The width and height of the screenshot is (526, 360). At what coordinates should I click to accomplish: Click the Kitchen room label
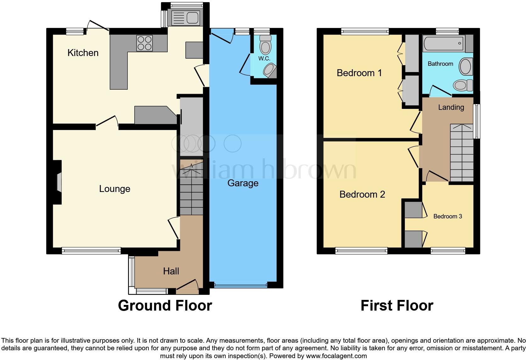(83, 53)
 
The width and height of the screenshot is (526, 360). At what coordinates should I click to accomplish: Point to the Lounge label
(115, 189)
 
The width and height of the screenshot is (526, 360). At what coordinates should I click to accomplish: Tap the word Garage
(243, 183)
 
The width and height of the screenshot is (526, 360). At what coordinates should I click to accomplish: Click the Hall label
(171, 271)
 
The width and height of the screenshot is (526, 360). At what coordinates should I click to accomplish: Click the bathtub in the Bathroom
(444, 43)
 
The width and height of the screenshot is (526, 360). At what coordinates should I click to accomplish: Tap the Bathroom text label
(440, 64)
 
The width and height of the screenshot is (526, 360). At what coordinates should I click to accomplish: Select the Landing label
(451, 107)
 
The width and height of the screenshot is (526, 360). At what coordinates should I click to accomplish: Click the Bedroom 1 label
(359, 73)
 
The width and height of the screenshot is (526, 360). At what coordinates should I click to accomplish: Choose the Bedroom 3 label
(447, 217)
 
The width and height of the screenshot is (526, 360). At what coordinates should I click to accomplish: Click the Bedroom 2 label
(362, 194)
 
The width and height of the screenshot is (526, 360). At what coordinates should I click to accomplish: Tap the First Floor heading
(397, 306)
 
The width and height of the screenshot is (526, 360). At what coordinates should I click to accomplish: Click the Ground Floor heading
(165, 306)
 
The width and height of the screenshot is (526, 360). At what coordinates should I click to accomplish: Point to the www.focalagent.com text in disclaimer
(336, 356)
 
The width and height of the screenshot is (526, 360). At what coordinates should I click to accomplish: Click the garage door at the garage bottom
(241, 285)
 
